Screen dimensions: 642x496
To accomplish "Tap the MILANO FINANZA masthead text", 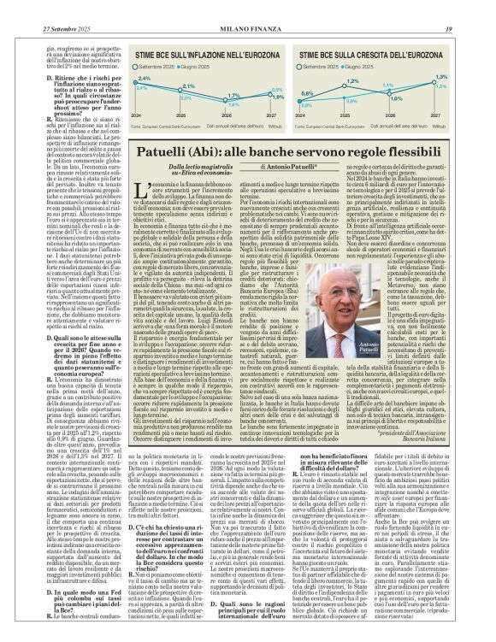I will [247, 8].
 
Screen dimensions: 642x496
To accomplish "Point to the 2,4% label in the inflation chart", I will [143, 78].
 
